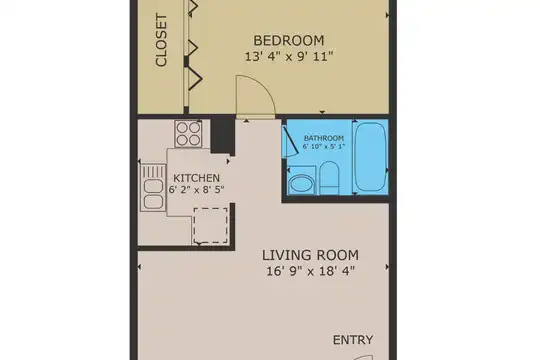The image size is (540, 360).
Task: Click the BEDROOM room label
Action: pos(289,40)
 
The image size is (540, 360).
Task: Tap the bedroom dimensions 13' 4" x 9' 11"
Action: pos(289,56)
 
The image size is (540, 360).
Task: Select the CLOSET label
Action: pos(161,40)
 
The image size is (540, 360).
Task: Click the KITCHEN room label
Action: pos(196,178)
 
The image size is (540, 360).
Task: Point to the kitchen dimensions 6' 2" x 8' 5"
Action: pos(196,189)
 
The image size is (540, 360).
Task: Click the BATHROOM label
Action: pos(324,138)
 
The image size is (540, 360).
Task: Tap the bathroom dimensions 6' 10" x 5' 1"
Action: pos(324,146)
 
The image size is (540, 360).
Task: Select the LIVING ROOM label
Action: pos(310,256)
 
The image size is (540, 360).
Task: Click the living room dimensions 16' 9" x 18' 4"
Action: pos(310,271)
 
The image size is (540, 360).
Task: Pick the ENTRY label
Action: pos(353,340)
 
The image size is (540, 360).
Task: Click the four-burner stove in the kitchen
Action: pos(188,134)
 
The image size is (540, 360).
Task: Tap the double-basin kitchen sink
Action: pos(153,194)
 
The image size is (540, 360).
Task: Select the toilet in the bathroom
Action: pos(330,178)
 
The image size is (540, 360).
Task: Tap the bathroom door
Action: pos(290,142)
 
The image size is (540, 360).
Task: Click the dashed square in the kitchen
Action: pos(210,226)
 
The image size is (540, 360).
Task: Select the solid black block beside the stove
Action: pos(223,136)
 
